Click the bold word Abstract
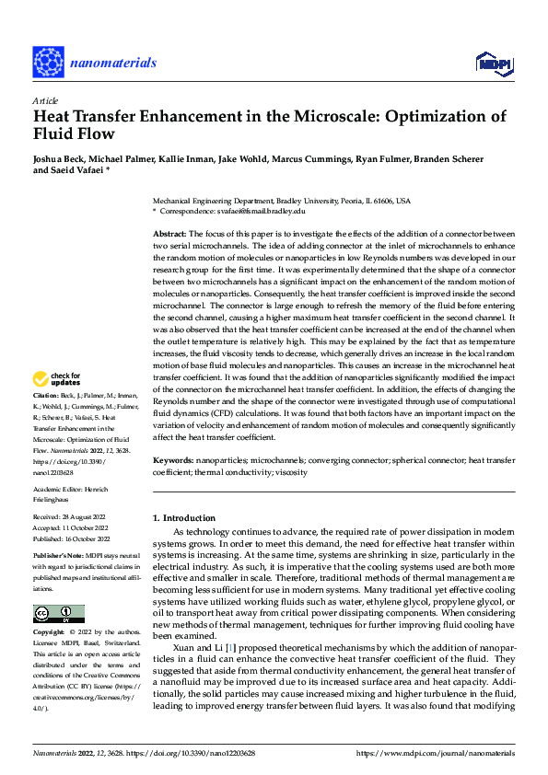tap(169, 236)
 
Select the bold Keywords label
tap(173, 458)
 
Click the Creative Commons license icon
tap(58, 614)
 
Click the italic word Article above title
tap(45, 99)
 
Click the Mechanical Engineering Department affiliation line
tap(281, 201)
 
